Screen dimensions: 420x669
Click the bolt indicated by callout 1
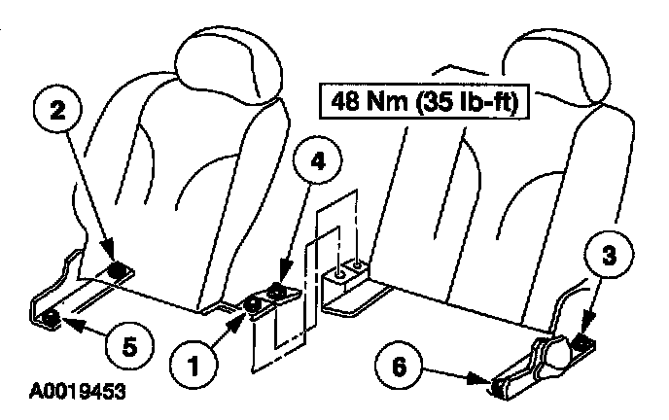[x=252, y=304]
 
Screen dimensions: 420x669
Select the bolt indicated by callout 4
[x=278, y=290]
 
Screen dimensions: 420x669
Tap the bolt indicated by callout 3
[x=582, y=341]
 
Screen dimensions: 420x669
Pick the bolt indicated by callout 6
[x=499, y=387]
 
